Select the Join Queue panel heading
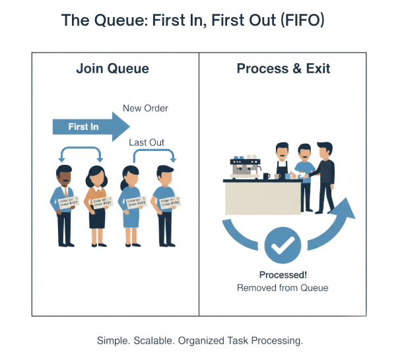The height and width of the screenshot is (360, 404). (x=112, y=69)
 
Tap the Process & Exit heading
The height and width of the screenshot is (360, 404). (x=283, y=69)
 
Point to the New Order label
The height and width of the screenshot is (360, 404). (x=146, y=108)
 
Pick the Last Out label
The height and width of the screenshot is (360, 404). (x=147, y=142)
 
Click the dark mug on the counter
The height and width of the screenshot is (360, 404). (x=266, y=176)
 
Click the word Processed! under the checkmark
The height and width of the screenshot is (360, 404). (x=283, y=275)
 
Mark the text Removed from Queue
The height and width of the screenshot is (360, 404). (x=283, y=287)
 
